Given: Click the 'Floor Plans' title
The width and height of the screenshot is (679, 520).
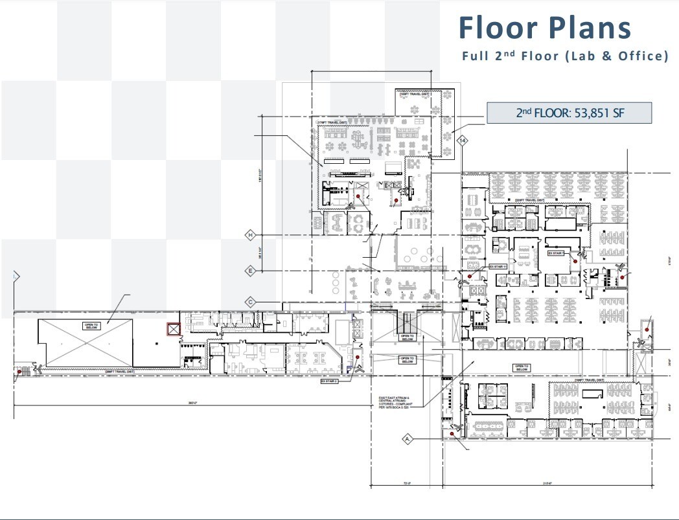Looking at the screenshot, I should [544, 28].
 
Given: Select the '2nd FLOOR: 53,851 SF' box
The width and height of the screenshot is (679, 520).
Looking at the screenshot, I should [568, 113].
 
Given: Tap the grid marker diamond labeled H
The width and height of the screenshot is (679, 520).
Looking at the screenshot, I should [250, 235].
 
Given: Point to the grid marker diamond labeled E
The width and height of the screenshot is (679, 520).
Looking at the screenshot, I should [250, 270].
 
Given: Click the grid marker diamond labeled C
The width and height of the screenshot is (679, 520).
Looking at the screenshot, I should [250, 302].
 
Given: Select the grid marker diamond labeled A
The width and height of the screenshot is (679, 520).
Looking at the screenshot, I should [408, 439].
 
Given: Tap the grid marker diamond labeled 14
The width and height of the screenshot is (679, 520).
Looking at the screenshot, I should [462, 140].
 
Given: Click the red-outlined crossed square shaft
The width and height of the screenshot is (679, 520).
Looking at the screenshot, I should [174, 329].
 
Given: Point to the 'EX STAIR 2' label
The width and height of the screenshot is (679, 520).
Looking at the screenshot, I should [330, 382].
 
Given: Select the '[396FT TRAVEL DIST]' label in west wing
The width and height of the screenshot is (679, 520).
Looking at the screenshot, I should [120, 372].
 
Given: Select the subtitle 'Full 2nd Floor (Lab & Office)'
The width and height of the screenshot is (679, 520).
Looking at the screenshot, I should [564, 56].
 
